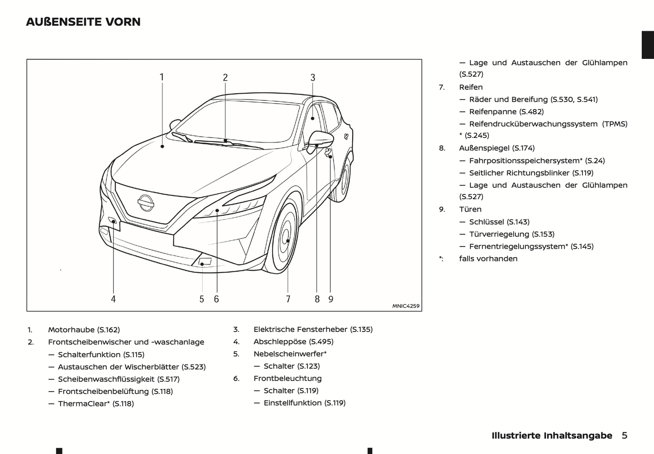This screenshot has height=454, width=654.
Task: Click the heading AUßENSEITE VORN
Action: (83, 22)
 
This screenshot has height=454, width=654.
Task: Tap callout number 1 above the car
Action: (162, 77)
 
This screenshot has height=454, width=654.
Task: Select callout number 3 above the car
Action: (313, 78)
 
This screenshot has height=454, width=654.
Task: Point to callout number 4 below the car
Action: (113, 299)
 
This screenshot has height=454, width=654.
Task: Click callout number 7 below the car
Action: (288, 299)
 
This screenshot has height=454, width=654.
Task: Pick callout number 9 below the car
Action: (331, 299)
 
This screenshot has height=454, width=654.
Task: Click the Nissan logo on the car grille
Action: (146, 203)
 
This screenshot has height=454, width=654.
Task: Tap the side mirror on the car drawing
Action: (320, 139)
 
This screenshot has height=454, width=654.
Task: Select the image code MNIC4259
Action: (406, 306)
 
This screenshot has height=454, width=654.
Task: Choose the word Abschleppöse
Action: (280, 342)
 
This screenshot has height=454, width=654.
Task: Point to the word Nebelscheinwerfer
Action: (288, 354)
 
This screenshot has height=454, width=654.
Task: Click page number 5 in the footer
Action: (625, 435)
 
